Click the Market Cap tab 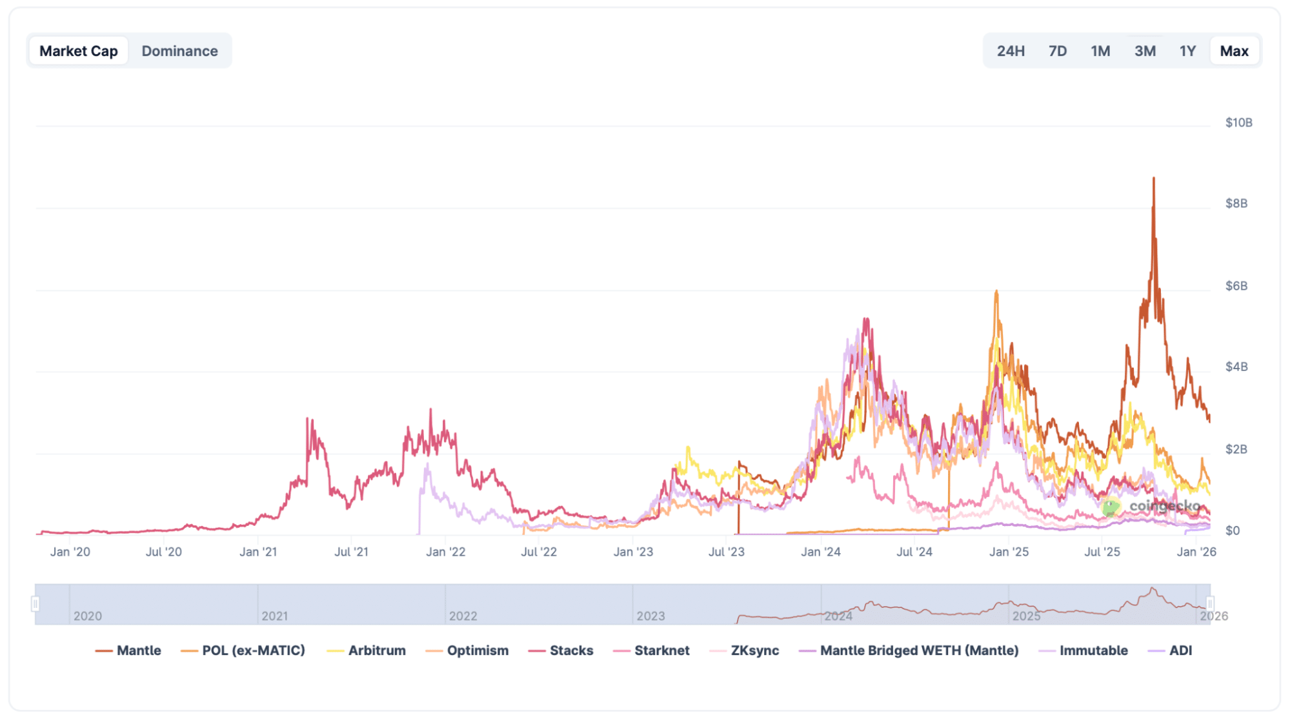(x=78, y=51)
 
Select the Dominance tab (x=179, y=51)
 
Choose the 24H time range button (x=1010, y=51)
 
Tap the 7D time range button (x=1057, y=51)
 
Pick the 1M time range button (x=1100, y=51)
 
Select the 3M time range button (x=1145, y=51)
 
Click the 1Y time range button (x=1187, y=51)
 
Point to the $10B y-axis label (x=1238, y=123)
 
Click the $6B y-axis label (x=1236, y=286)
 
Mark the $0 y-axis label (x=1232, y=530)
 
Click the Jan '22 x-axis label (x=445, y=552)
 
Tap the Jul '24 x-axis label (x=914, y=552)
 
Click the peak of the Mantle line (x=1153, y=178)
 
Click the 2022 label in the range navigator (x=463, y=616)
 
